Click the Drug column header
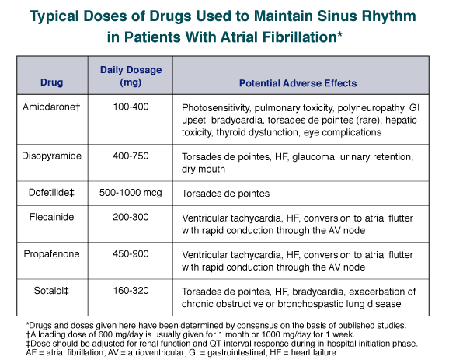tap(51, 82)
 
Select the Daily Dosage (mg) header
tap(131, 76)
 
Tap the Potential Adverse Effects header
tap(298, 83)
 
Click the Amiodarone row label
tap(51, 107)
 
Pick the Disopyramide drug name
tap(51, 156)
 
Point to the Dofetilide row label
tap(51, 193)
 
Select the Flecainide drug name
tap(51, 217)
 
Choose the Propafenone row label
tap(51, 254)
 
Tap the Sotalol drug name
tap(51, 291)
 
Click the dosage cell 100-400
tap(131, 107)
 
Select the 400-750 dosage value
tap(131, 156)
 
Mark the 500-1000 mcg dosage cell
tap(131, 193)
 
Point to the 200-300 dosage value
tap(131, 217)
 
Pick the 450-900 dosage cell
tap(131, 254)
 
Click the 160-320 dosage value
tap(131, 291)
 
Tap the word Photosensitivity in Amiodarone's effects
tap(216, 108)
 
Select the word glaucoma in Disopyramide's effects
tap(314, 157)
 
